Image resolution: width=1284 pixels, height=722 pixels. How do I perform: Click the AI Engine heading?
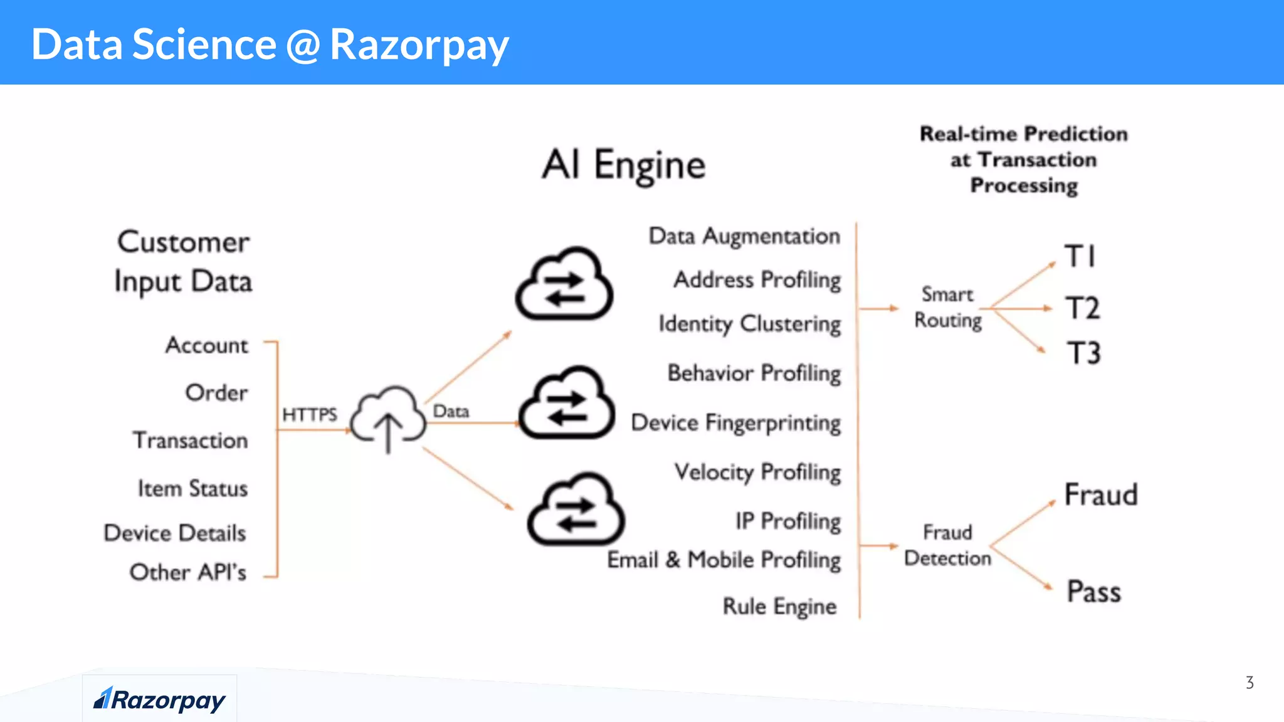(624, 165)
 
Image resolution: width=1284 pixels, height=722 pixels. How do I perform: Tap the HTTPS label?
(309, 414)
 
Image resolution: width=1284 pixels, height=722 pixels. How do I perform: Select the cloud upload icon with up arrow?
(388, 417)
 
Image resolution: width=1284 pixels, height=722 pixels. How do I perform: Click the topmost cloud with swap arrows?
(564, 285)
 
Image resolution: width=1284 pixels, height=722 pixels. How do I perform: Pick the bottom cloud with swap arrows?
(576, 510)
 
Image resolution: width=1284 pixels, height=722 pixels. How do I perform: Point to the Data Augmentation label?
(744, 236)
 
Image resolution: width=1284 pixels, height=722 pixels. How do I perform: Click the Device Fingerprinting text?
(735, 423)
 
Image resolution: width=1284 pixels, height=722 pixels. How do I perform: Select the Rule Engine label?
(779, 607)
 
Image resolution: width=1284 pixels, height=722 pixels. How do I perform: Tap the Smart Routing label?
(947, 307)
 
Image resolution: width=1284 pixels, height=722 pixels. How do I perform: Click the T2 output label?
(1083, 308)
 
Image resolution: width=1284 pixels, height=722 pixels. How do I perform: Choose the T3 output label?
(1083, 353)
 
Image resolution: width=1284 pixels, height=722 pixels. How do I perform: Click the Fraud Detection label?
(947, 545)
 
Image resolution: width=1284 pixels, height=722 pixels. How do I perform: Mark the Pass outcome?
(1093, 592)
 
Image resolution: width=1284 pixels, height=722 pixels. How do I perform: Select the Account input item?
(206, 345)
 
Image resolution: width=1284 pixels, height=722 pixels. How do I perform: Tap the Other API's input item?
(187, 572)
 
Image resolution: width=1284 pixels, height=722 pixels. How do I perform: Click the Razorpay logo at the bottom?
(159, 699)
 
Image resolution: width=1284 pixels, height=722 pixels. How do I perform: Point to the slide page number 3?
(1250, 683)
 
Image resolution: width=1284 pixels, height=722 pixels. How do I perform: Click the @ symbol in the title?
(303, 45)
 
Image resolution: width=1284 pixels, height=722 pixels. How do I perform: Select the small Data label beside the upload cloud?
(451, 411)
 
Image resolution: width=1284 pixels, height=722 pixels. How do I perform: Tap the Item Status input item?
(192, 488)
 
